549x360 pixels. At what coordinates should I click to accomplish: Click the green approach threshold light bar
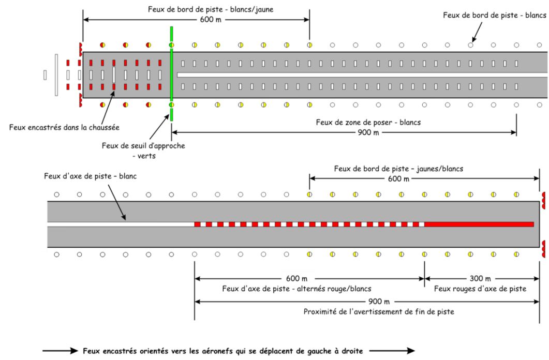coord(171,74)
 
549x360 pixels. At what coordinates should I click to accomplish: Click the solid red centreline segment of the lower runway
coord(479,224)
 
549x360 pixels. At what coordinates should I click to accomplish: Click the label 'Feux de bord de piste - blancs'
coord(495,15)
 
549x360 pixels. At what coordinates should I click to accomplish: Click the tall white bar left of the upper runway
coord(55,74)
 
